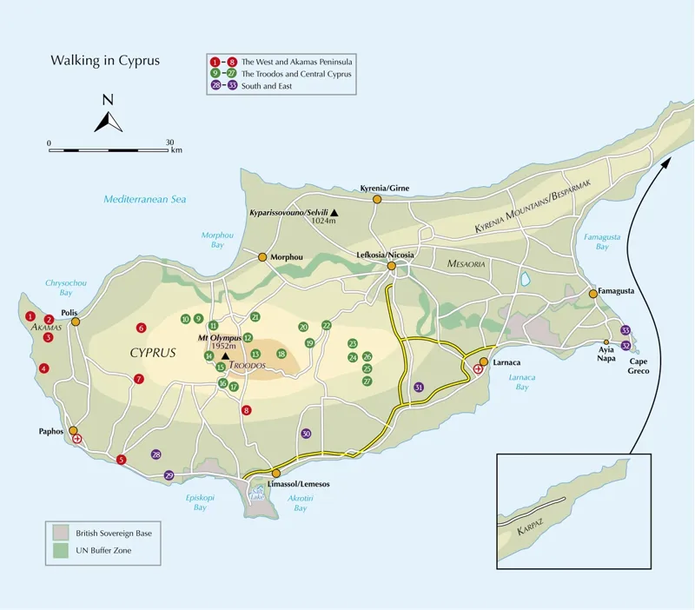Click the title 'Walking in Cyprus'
click(105, 61)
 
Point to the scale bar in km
click(110, 150)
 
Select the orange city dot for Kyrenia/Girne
click(377, 199)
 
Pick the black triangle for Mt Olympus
click(225, 355)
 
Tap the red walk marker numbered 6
click(141, 328)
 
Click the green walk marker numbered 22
click(327, 325)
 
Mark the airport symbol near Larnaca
click(478, 369)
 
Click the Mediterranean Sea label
click(145, 199)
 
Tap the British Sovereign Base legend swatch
click(60, 533)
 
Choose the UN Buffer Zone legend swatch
click(60, 551)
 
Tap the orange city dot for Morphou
click(261, 256)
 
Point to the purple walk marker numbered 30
click(305, 434)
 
